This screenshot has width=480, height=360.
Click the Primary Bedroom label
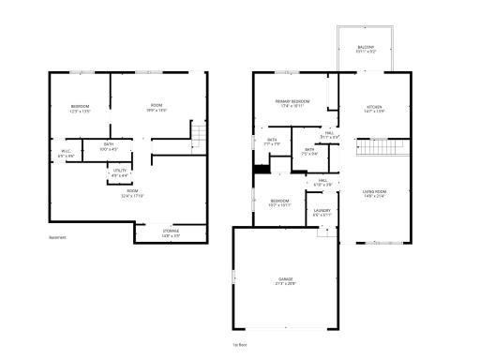pyautogui.click(x=292, y=101)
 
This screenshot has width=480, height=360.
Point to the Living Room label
pyautogui.click(x=375, y=192)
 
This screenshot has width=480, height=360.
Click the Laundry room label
pyautogui.click(x=322, y=212)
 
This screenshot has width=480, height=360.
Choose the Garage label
pyautogui.click(x=285, y=280)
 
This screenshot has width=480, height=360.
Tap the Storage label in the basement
pyautogui.click(x=171, y=232)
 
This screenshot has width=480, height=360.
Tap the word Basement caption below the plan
pyautogui.click(x=57, y=237)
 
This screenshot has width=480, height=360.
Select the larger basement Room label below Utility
pyautogui.click(x=132, y=192)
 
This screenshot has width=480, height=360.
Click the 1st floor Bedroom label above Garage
pyautogui.click(x=280, y=202)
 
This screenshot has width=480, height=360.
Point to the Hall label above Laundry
pyautogui.click(x=322, y=182)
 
